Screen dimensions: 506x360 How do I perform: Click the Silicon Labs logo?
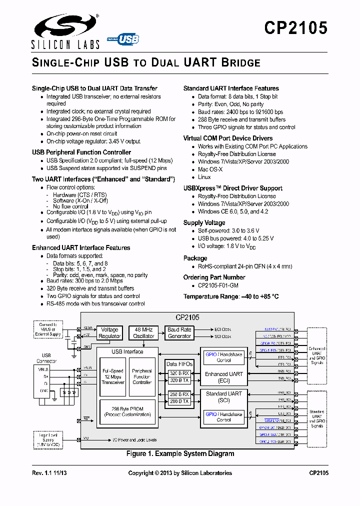(x=65, y=31)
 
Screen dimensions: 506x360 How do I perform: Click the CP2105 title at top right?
(x=296, y=28)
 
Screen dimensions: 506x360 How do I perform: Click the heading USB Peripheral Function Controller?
(x=81, y=152)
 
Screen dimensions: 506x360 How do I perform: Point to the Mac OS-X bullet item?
(x=209, y=169)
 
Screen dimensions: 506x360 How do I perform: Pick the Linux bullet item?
(x=204, y=177)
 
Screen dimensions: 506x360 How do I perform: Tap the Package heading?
(x=195, y=258)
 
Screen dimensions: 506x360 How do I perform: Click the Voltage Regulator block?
(x=109, y=333)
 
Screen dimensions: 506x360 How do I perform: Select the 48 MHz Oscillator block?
(x=143, y=333)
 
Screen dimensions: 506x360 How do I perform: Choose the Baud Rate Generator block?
(x=179, y=333)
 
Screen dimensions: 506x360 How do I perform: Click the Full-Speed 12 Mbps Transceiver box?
(x=113, y=376)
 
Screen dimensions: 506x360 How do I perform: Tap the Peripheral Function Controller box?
(x=142, y=376)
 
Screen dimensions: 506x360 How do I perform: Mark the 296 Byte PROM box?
(x=127, y=411)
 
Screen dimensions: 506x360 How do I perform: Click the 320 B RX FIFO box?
(x=179, y=373)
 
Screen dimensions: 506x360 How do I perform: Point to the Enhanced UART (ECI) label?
(x=224, y=377)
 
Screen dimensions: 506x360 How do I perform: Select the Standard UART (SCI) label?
(x=224, y=397)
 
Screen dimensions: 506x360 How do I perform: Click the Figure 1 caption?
(x=180, y=453)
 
